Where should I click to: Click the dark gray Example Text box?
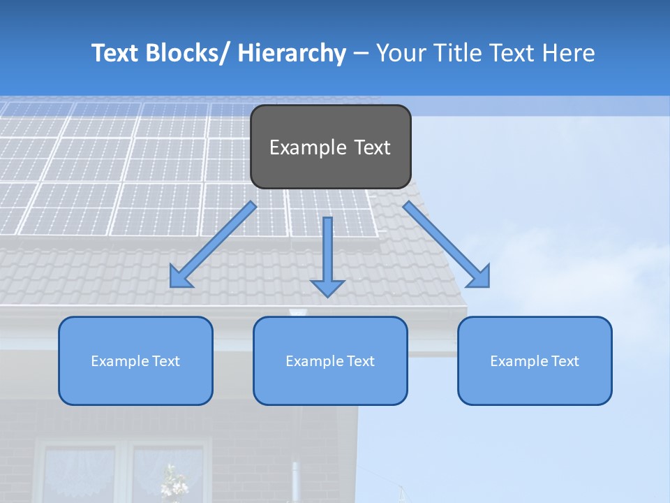(x=330, y=147)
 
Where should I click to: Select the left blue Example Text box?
(x=135, y=360)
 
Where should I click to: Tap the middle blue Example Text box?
(x=330, y=360)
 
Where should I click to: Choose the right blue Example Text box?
(x=535, y=360)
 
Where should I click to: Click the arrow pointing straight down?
(x=327, y=251)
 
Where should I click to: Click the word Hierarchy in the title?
(x=292, y=53)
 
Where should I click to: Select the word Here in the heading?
(x=569, y=53)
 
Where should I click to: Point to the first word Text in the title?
(x=116, y=53)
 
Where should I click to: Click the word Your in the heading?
(x=401, y=53)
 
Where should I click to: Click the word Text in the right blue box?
(x=563, y=360)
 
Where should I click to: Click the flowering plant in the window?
(x=170, y=481)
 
